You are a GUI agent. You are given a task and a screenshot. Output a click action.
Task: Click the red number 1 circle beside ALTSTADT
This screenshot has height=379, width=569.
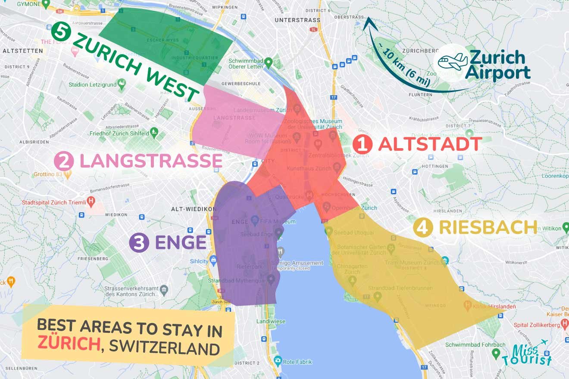[363, 144]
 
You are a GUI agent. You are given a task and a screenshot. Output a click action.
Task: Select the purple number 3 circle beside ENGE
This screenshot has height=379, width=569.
[139, 243]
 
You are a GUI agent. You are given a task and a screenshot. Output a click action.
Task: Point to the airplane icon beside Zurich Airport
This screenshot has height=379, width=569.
[452, 62]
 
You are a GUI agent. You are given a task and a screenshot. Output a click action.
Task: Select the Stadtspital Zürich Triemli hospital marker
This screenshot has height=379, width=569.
[91, 201]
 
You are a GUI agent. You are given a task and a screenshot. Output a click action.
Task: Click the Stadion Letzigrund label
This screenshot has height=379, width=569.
[93, 84]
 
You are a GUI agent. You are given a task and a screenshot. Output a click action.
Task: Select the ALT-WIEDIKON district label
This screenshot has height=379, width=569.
[194, 209]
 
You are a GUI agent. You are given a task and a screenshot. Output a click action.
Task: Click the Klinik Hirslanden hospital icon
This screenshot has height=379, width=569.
[467, 306]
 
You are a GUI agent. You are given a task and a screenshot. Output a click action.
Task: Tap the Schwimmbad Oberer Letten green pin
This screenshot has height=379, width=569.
[268, 63]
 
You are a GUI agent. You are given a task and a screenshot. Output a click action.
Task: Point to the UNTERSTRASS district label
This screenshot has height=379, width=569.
[297, 20]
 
